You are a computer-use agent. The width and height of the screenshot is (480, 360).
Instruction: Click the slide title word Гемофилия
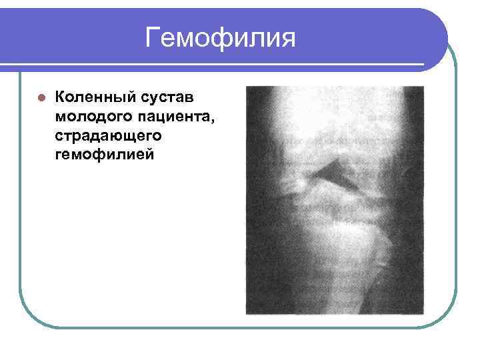coord(220,37)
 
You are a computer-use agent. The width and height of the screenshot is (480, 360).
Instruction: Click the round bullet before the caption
coord(41,97)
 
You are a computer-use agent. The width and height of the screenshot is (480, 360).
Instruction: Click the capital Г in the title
coord(154,37)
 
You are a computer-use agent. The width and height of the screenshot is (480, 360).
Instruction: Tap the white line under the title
coord(220,65)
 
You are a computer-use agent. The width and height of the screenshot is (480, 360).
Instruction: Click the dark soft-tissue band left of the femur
coord(257,133)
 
